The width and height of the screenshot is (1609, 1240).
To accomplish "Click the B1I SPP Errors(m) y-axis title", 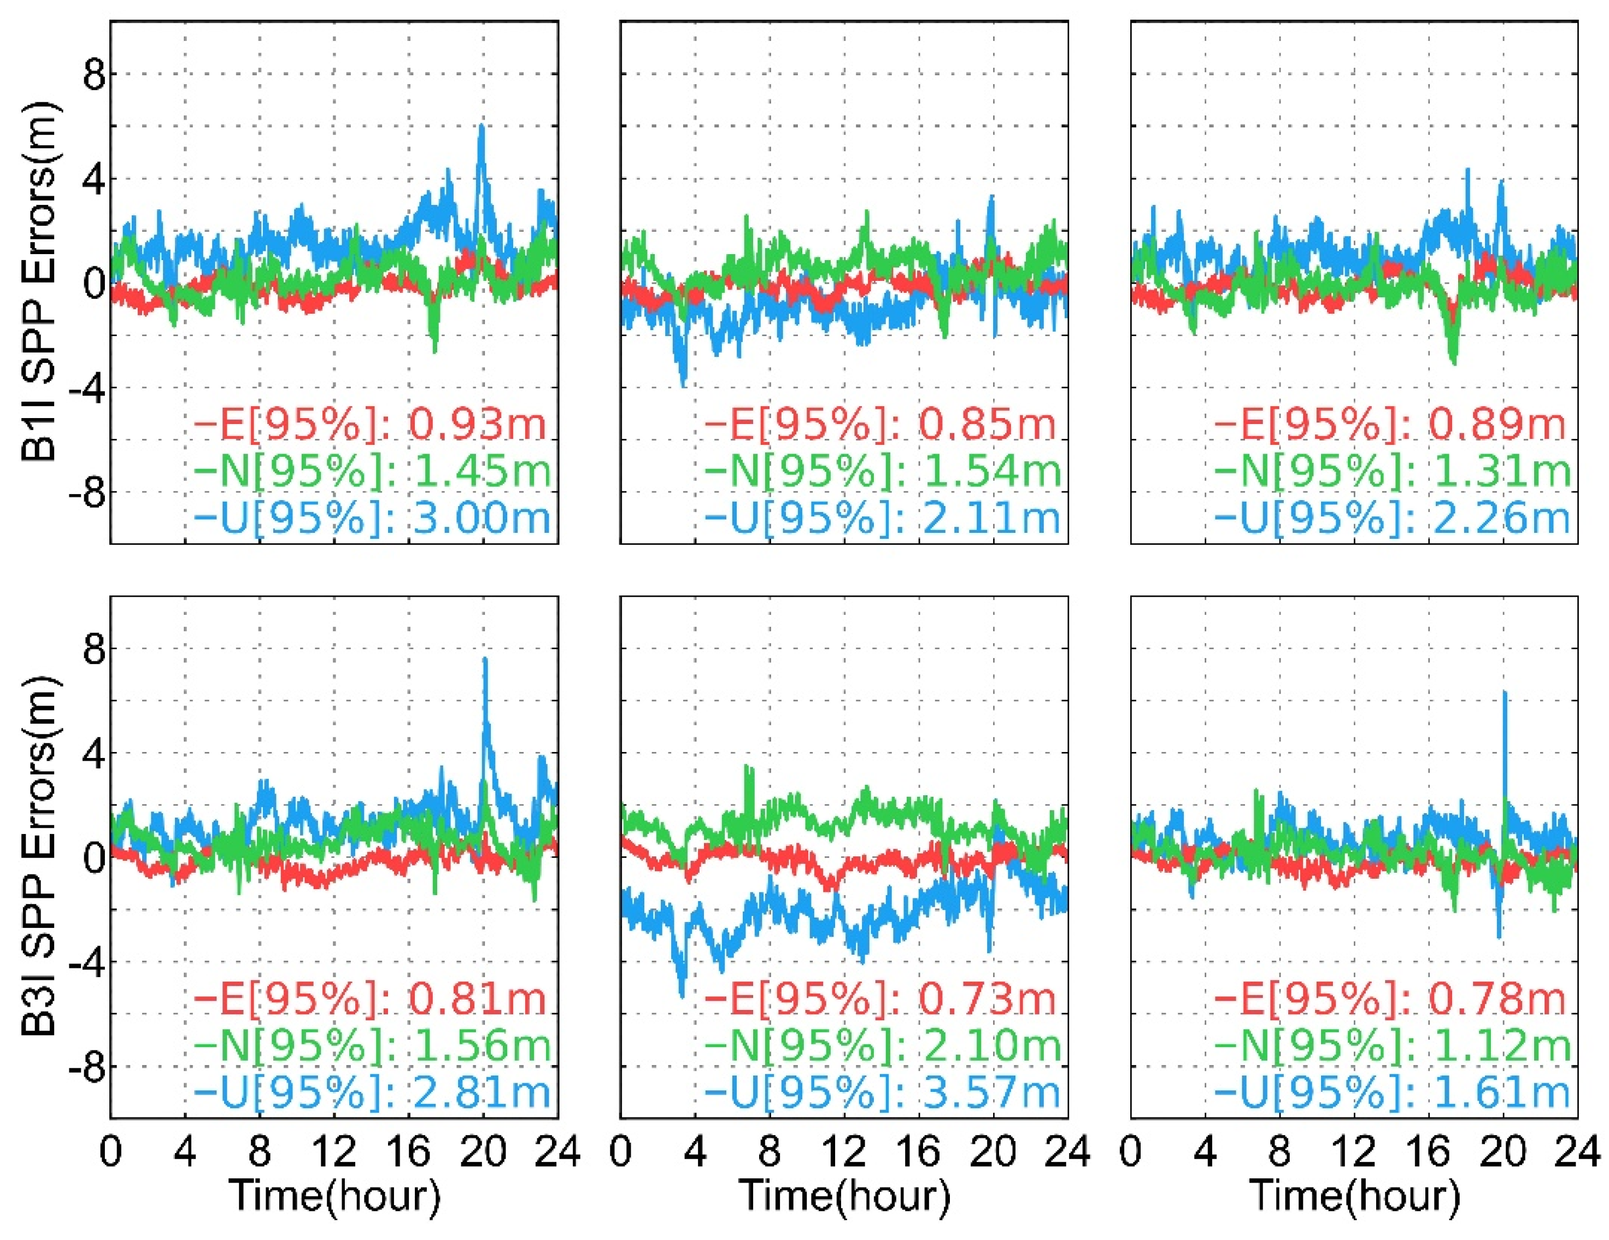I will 38,282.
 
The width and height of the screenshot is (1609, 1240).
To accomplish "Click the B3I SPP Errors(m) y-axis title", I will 38,857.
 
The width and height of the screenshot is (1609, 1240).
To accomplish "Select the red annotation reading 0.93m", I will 371,425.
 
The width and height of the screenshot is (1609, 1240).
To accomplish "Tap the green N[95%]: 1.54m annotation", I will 883,471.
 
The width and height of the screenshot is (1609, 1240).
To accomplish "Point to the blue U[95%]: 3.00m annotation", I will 372,518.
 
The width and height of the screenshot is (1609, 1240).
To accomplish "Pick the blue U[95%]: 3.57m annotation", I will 883,1091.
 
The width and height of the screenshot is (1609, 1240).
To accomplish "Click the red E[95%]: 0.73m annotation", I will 881,999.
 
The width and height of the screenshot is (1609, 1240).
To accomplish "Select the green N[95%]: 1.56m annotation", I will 372,1045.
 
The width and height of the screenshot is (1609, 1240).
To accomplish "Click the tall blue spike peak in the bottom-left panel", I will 485,660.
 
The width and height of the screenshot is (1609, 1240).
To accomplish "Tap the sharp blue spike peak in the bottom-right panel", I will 1505,692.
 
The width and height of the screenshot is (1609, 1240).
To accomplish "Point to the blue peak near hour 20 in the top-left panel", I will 482,126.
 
